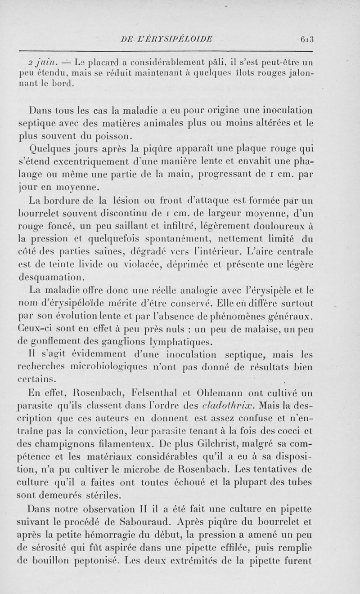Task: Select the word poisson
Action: click(x=110, y=136)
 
